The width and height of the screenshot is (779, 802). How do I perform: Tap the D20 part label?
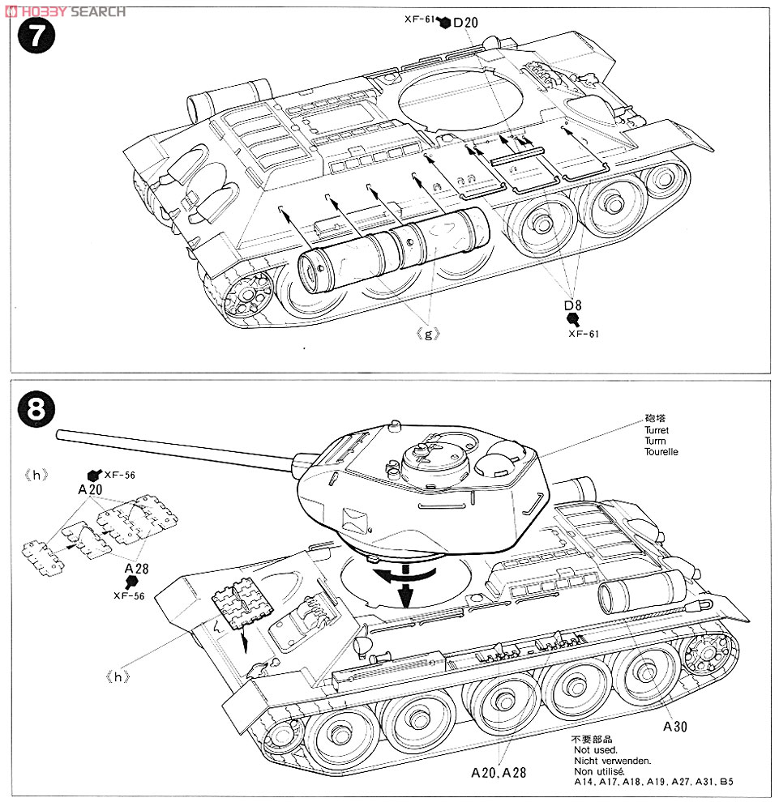[x=465, y=23]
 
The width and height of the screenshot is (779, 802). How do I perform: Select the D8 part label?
[x=573, y=305]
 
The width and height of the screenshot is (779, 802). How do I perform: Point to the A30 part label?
[x=674, y=727]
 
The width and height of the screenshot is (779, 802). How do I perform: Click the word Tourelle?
[x=661, y=452]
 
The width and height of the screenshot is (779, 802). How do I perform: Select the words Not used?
[x=590, y=751]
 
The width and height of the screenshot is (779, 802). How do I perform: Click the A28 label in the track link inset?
[x=136, y=568]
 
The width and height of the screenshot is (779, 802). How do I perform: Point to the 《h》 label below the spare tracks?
[x=118, y=673]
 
